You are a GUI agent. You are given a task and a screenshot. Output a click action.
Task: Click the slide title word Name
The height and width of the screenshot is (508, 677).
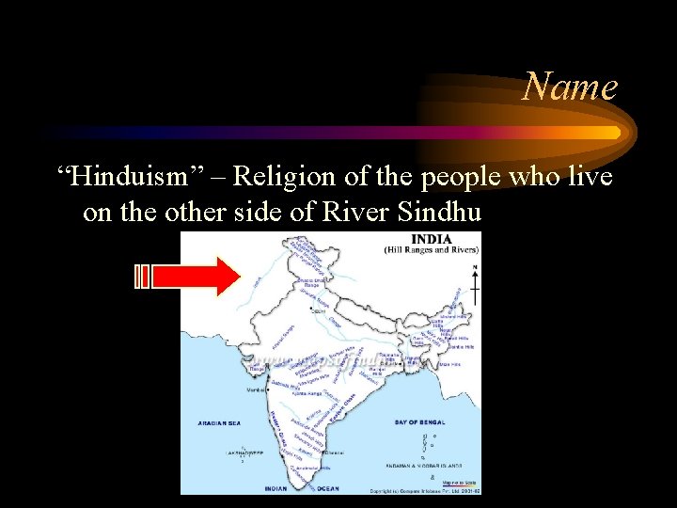click(x=570, y=87)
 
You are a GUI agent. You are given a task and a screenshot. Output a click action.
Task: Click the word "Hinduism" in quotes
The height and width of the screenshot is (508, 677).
click(x=137, y=176)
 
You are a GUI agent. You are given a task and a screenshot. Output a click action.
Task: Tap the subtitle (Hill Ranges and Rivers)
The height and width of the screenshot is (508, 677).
click(x=432, y=249)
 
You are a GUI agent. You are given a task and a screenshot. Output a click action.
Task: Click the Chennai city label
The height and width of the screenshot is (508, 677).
click(x=334, y=452)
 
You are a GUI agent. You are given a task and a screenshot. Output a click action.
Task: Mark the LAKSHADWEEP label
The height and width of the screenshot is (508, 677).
click(x=243, y=452)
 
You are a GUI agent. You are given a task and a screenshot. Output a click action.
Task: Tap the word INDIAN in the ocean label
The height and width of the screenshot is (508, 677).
click(x=276, y=488)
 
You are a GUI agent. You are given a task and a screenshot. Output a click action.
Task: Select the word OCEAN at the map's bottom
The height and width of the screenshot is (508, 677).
click(x=329, y=488)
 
